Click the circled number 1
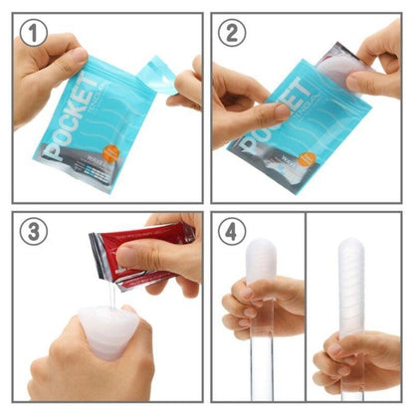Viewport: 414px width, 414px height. [x=35, y=36]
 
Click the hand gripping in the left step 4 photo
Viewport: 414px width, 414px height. [x=261, y=310]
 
